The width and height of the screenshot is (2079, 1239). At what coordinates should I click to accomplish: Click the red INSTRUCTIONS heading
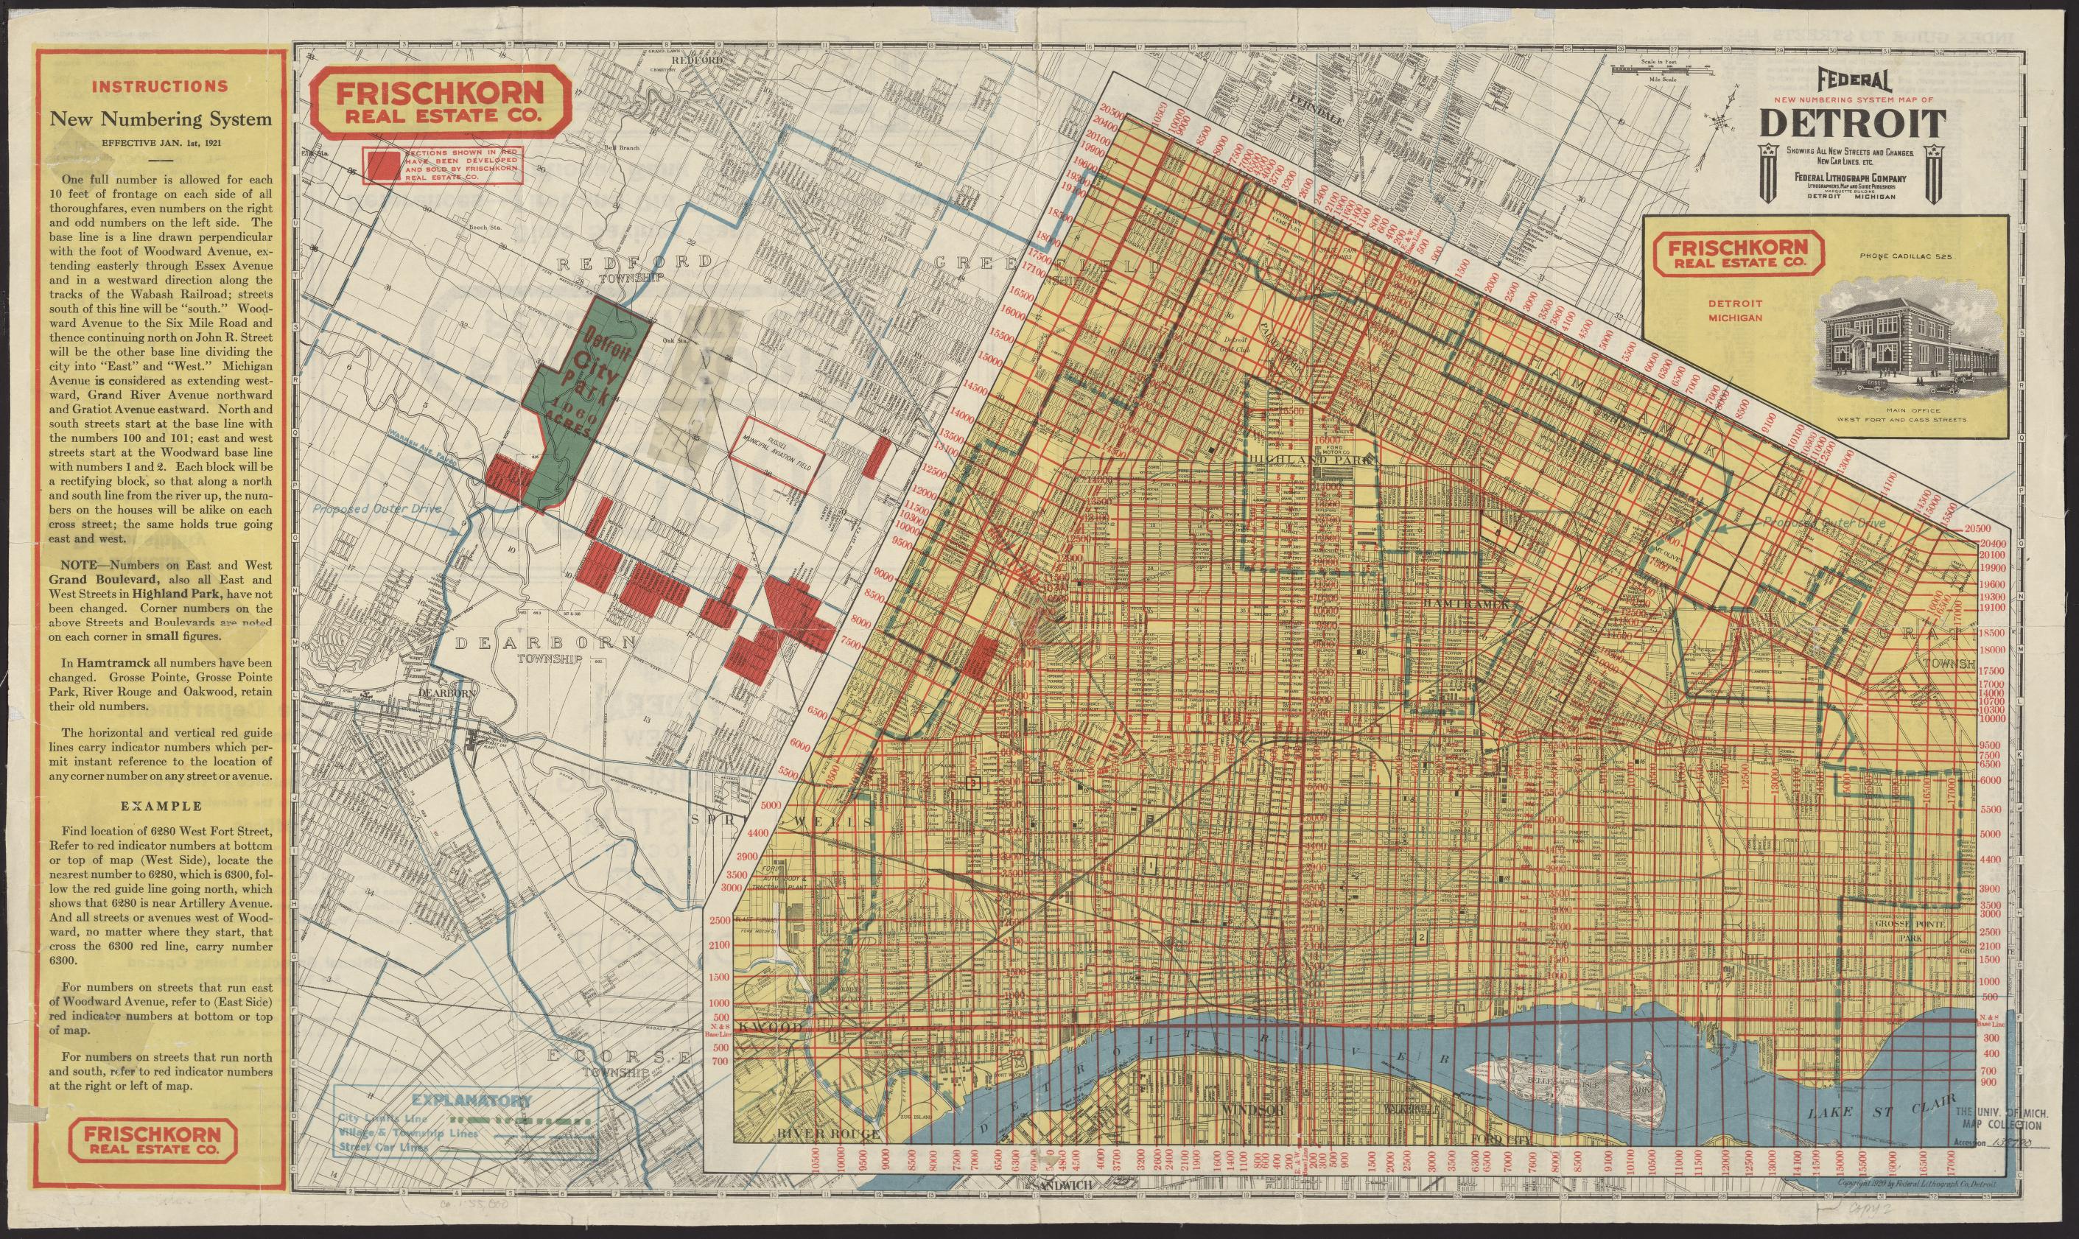tap(159, 86)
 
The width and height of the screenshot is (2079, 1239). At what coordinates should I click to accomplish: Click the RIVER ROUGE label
tap(829, 1156)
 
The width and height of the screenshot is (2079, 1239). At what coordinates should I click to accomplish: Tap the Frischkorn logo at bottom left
tap(157, 1141)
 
